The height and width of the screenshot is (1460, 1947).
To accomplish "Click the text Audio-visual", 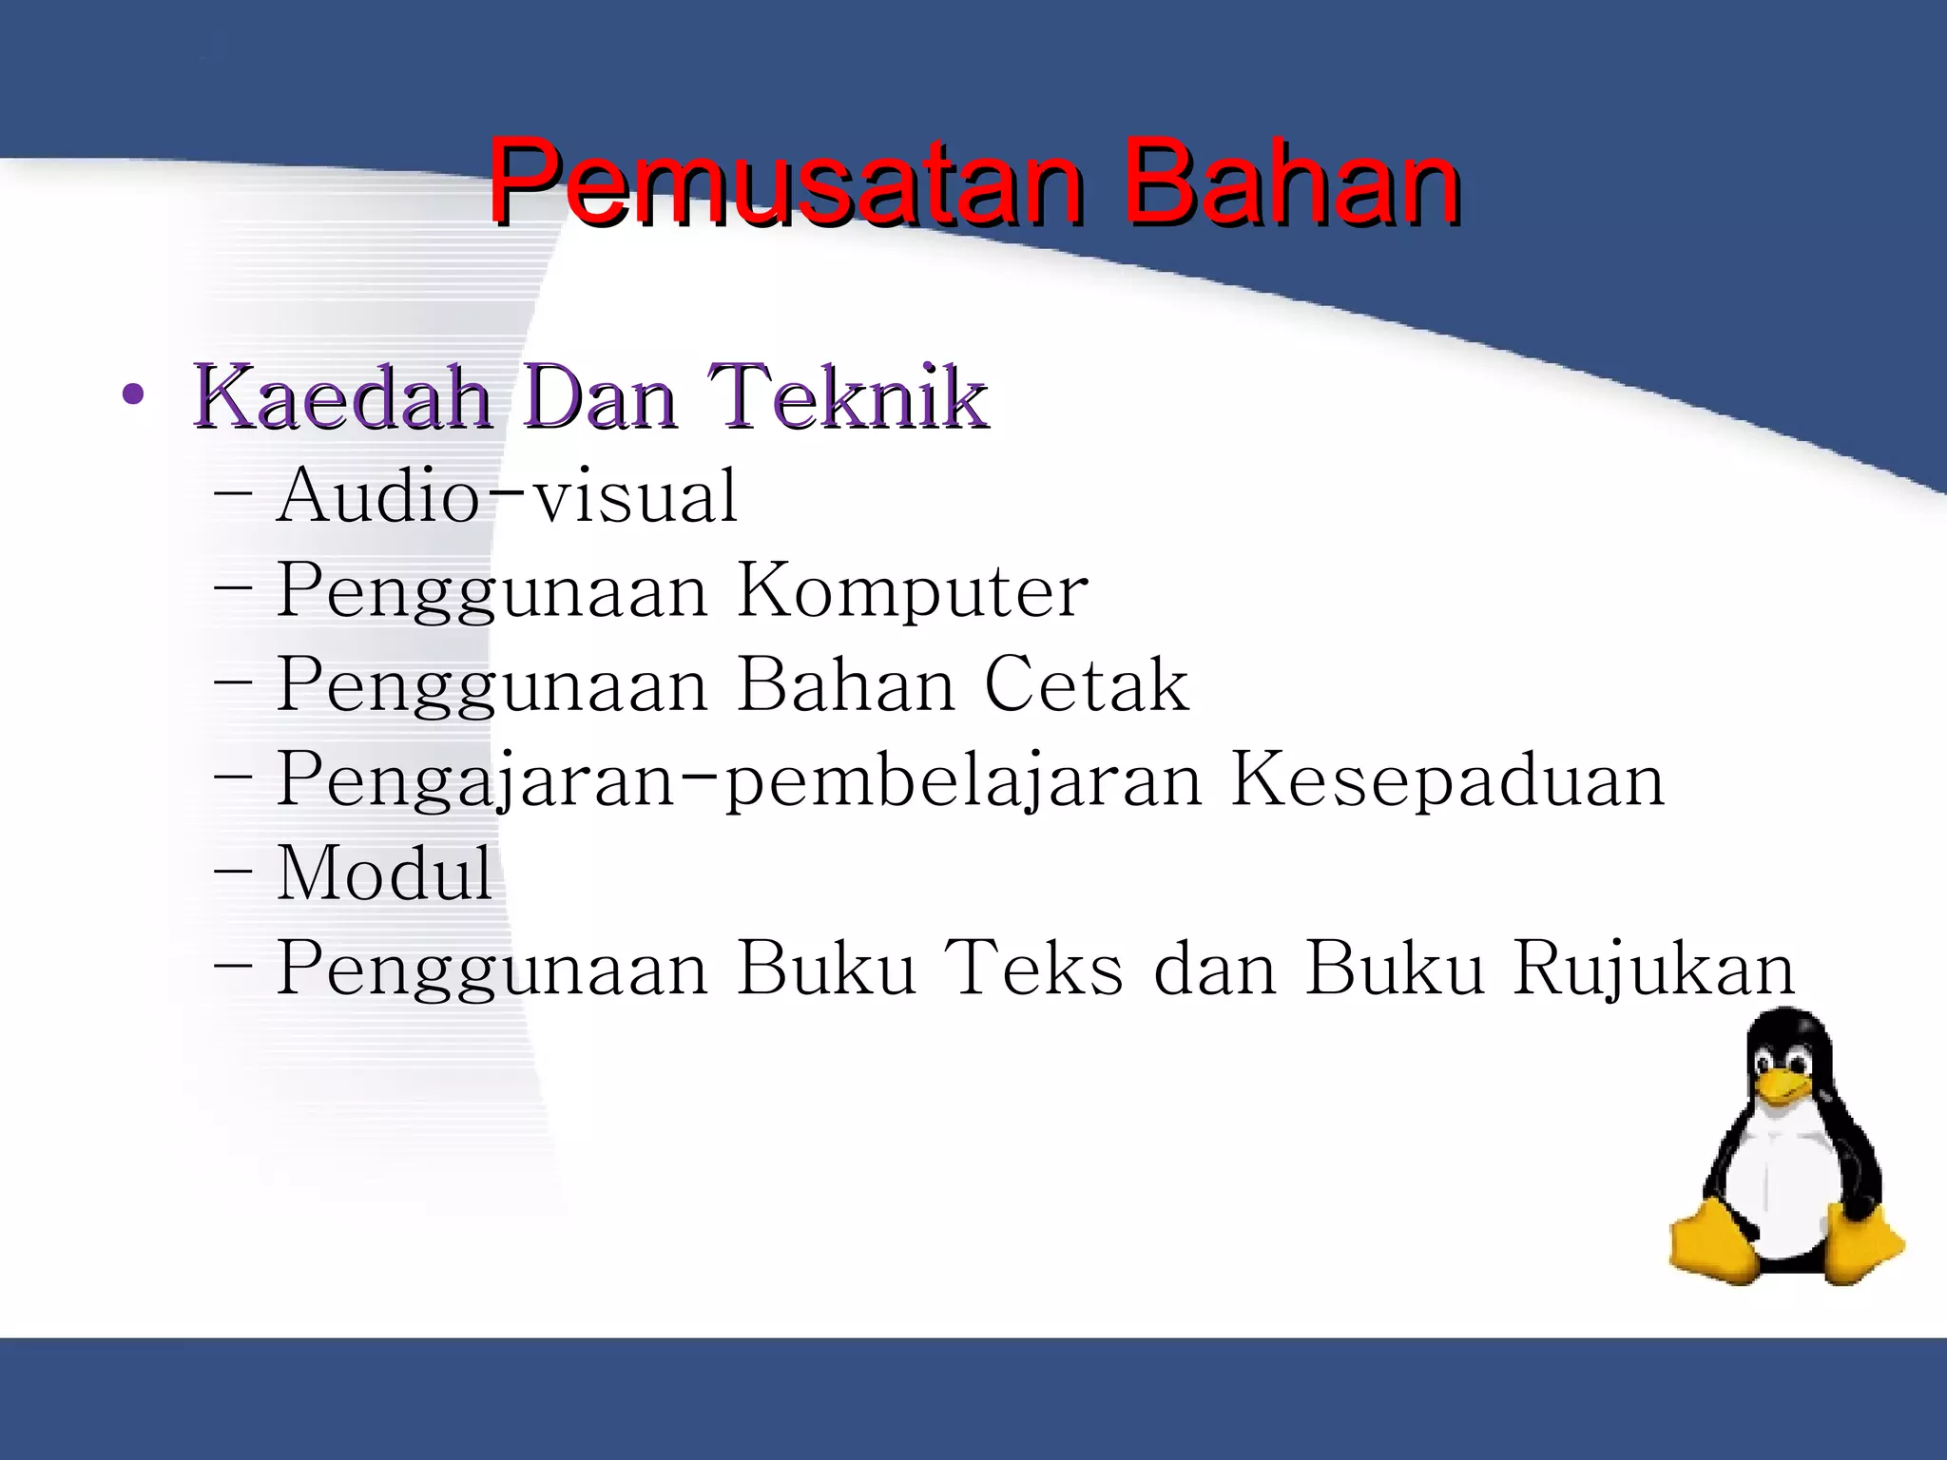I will [x=507, y=496].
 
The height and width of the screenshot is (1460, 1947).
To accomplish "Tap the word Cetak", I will [x=1086, y=684].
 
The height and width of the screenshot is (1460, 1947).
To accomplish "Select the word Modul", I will [x=385, y=873].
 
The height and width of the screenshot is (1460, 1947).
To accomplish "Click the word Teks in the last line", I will [x=1038, y=968].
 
